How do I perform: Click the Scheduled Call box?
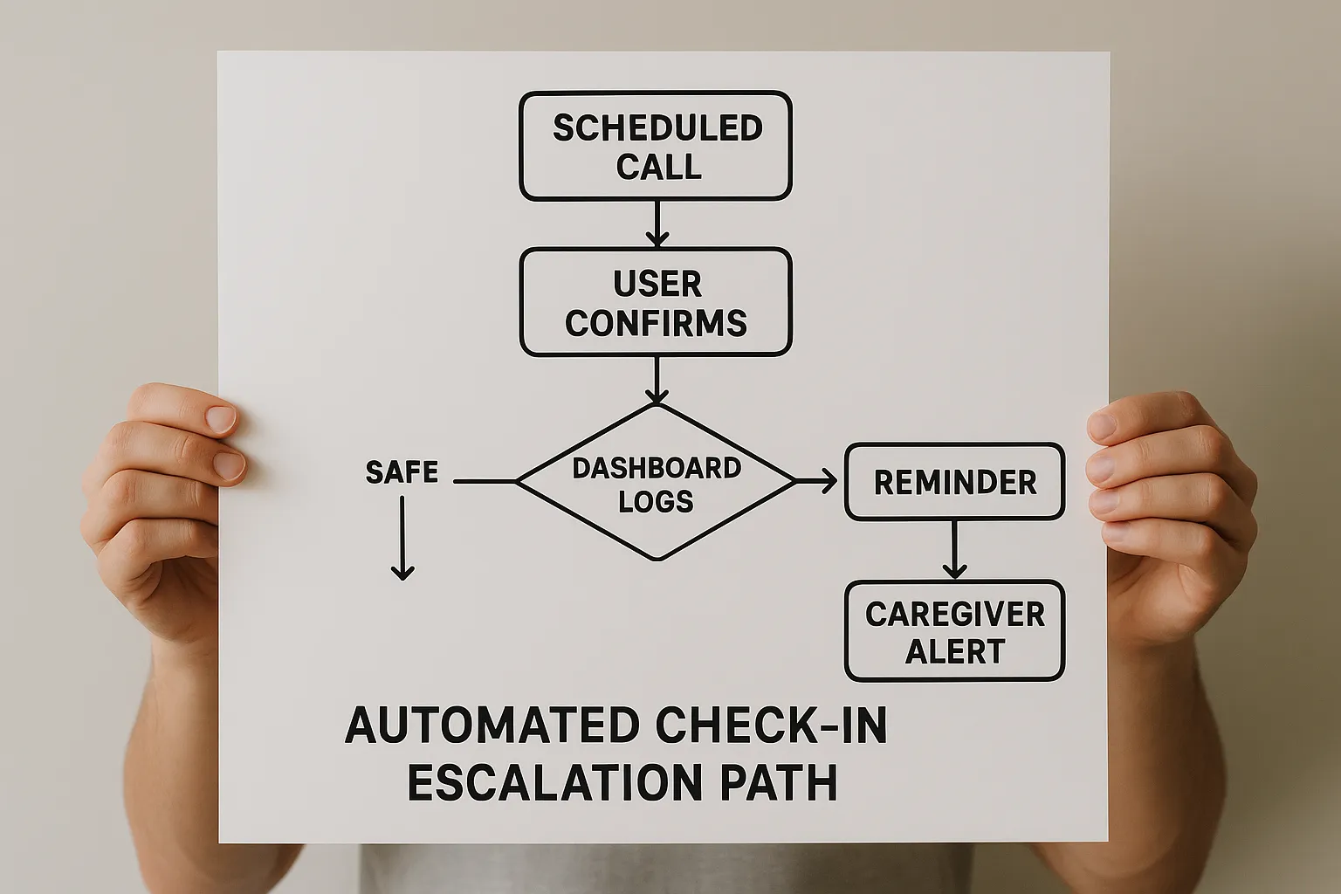click(656, 146)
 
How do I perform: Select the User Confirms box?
click(656, 302)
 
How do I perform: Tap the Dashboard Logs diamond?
click(656, 482)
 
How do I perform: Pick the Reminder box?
click(954, 482)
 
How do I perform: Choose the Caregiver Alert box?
click(954, 631)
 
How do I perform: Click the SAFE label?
click(402, 472)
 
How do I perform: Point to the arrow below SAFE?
click(402, 538)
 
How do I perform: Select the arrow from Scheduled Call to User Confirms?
click(657, 223)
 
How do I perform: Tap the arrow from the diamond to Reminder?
click(817, 481)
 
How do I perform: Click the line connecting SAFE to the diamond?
click(485, 481)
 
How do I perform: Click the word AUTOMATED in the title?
click(492, 726)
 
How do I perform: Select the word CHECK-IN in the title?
click(771, 726)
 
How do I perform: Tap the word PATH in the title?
click(778, 782)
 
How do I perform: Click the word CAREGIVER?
click(954, 615)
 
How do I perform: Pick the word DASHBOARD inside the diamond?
click(657, 468)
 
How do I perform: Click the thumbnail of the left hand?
click(221, 418)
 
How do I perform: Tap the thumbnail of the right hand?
click(1103, 424)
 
